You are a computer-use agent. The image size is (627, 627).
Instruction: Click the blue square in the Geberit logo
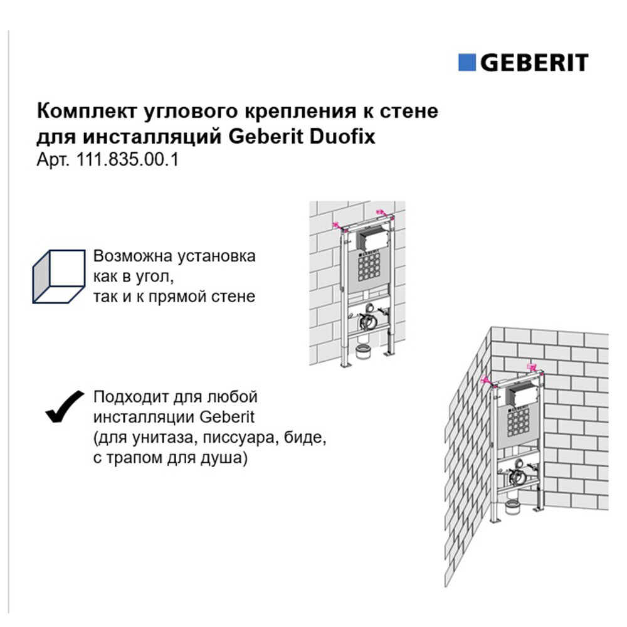(x=466, y=62)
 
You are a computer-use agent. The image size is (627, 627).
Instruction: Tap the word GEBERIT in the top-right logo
(x=534, y=62)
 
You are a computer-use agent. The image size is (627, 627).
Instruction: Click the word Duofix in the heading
(x=342, y=136)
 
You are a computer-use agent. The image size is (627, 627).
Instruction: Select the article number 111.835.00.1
(x=127, y=160)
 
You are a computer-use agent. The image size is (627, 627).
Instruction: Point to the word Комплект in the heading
(x=87, y=112)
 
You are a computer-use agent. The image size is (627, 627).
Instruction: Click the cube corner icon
(x=59, y=277)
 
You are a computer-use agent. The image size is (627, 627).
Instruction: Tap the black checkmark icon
(x=65, y=406)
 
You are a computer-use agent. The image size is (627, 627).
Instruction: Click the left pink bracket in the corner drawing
(x=488, y=381)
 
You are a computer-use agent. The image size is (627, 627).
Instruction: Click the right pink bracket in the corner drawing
(x=532, y=367)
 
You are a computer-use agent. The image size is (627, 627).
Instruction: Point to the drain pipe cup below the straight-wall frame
(x=363, y=351)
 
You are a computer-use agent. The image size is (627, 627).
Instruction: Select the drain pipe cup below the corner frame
(x=512, y=507)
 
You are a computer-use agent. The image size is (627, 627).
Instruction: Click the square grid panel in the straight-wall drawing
(x=369, y=268)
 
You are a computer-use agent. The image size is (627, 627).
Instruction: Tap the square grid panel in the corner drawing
(x=519, y=422)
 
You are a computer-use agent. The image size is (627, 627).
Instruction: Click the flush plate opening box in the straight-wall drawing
(x=369, y=240)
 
